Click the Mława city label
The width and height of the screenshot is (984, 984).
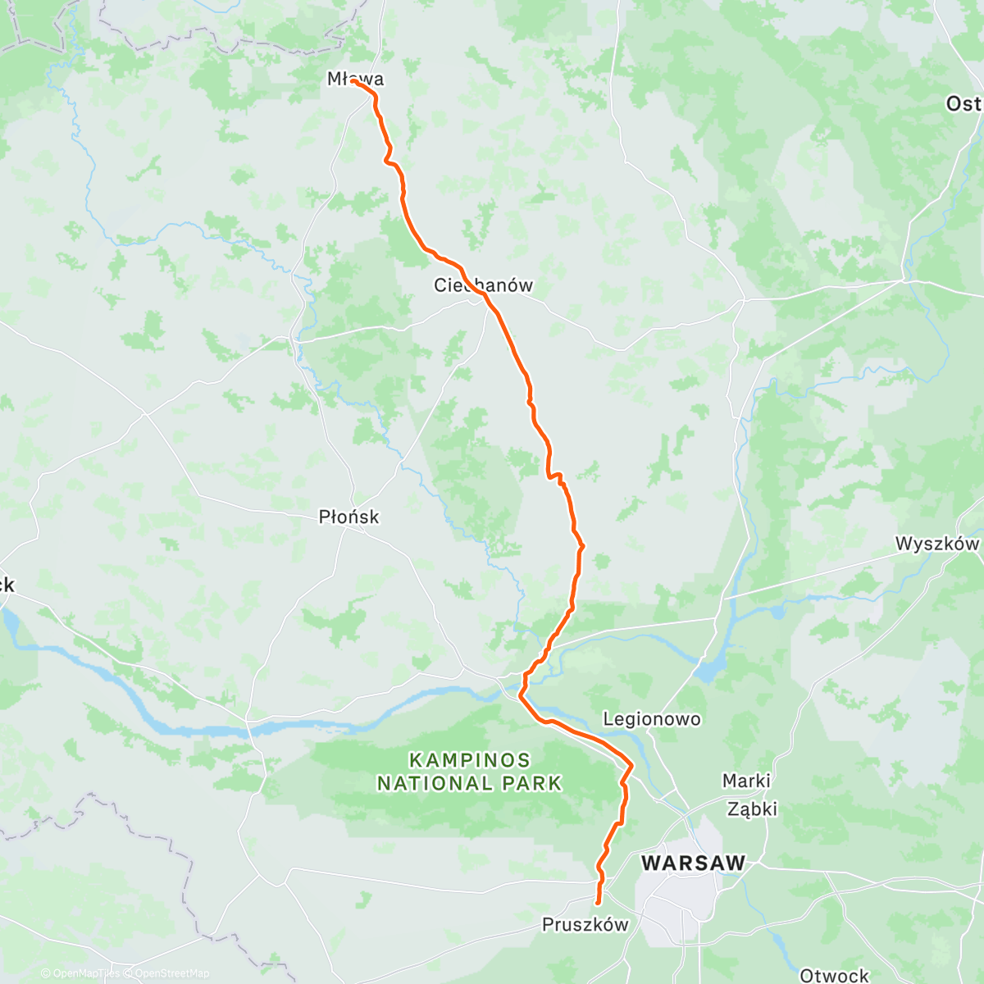(x=355, y=79)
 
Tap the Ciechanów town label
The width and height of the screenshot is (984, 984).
(x=483, y=285)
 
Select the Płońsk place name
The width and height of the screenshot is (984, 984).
(x=348, y=517)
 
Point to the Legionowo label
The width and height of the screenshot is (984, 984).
(x=652, y=719)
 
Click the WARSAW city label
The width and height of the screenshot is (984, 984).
(x=693, y=863)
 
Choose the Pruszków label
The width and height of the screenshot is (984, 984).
(x=585, y=925)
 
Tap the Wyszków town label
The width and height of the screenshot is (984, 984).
(x=936, y=544)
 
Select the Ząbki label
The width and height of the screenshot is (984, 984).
(x=752, y=809)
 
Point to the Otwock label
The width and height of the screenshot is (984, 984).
(x=834, y=975)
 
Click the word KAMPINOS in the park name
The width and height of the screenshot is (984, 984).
(x=470, y=760)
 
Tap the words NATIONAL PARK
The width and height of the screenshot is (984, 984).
(x=470, y=784)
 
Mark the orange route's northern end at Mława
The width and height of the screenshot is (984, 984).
(x=353, y=81)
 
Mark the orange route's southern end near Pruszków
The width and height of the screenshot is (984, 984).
(x=597, y=903)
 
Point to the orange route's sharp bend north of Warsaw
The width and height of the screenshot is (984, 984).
(x=631, y=765)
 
